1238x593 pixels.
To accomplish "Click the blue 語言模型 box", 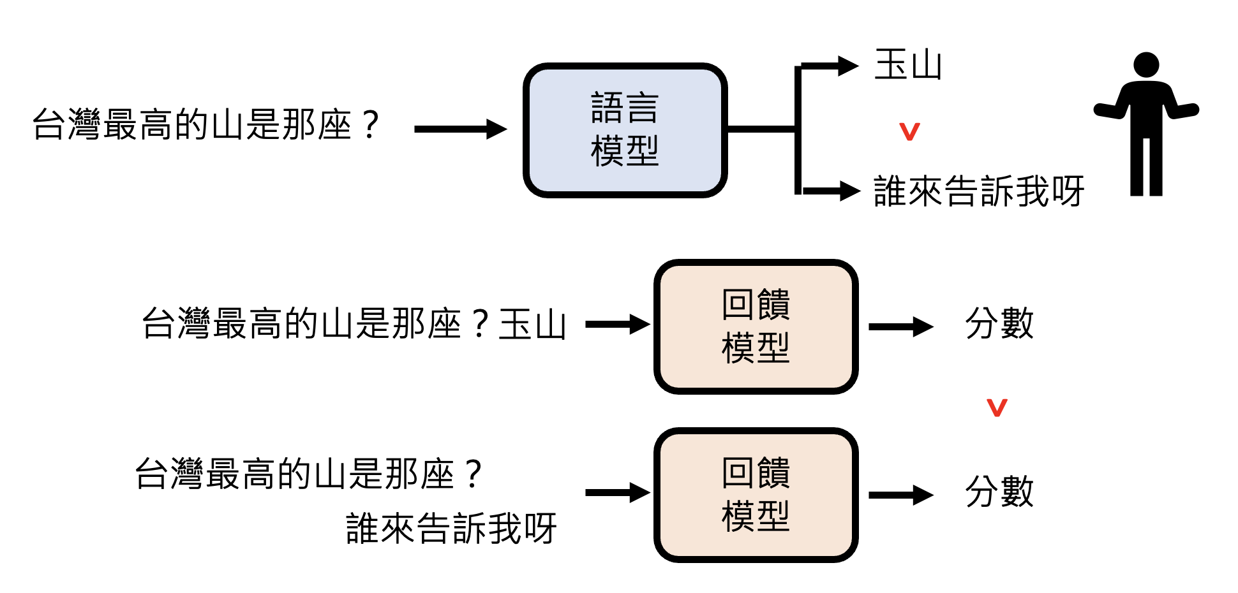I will click(x=625, y=130).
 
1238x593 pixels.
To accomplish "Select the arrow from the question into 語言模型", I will click(x=459, y=129).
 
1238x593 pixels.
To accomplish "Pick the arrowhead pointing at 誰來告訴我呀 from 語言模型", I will click(x=849, y=191).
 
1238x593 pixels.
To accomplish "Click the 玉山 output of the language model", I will click(x=907, y=65).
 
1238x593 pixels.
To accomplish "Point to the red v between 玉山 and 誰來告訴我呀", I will click(x=909, y=131).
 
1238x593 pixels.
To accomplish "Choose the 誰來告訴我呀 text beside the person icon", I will click(x=978, y=191).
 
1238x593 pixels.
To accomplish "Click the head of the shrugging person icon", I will click(x=1146, y=65).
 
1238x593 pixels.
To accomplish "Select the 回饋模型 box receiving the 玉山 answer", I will click(x=756, y=326).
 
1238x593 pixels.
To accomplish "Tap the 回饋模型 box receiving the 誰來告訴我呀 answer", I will click(x=756, y=495).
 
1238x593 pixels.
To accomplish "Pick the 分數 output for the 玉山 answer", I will click(x=999, y=323).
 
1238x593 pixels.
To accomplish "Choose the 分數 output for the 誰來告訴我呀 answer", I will click(x=999, y=492).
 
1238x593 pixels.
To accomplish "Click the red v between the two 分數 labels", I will click(x=997, y=407).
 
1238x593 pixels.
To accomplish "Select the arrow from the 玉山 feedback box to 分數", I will click(x=900, y=327).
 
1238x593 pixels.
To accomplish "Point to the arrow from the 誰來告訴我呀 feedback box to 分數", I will click(x=900, y=495).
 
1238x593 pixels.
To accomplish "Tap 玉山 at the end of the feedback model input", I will click(x=532, y=324).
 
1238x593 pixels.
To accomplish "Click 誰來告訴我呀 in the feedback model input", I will click(x=451, y=529).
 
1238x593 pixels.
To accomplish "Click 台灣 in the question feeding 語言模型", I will click(x=66, y=124).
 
